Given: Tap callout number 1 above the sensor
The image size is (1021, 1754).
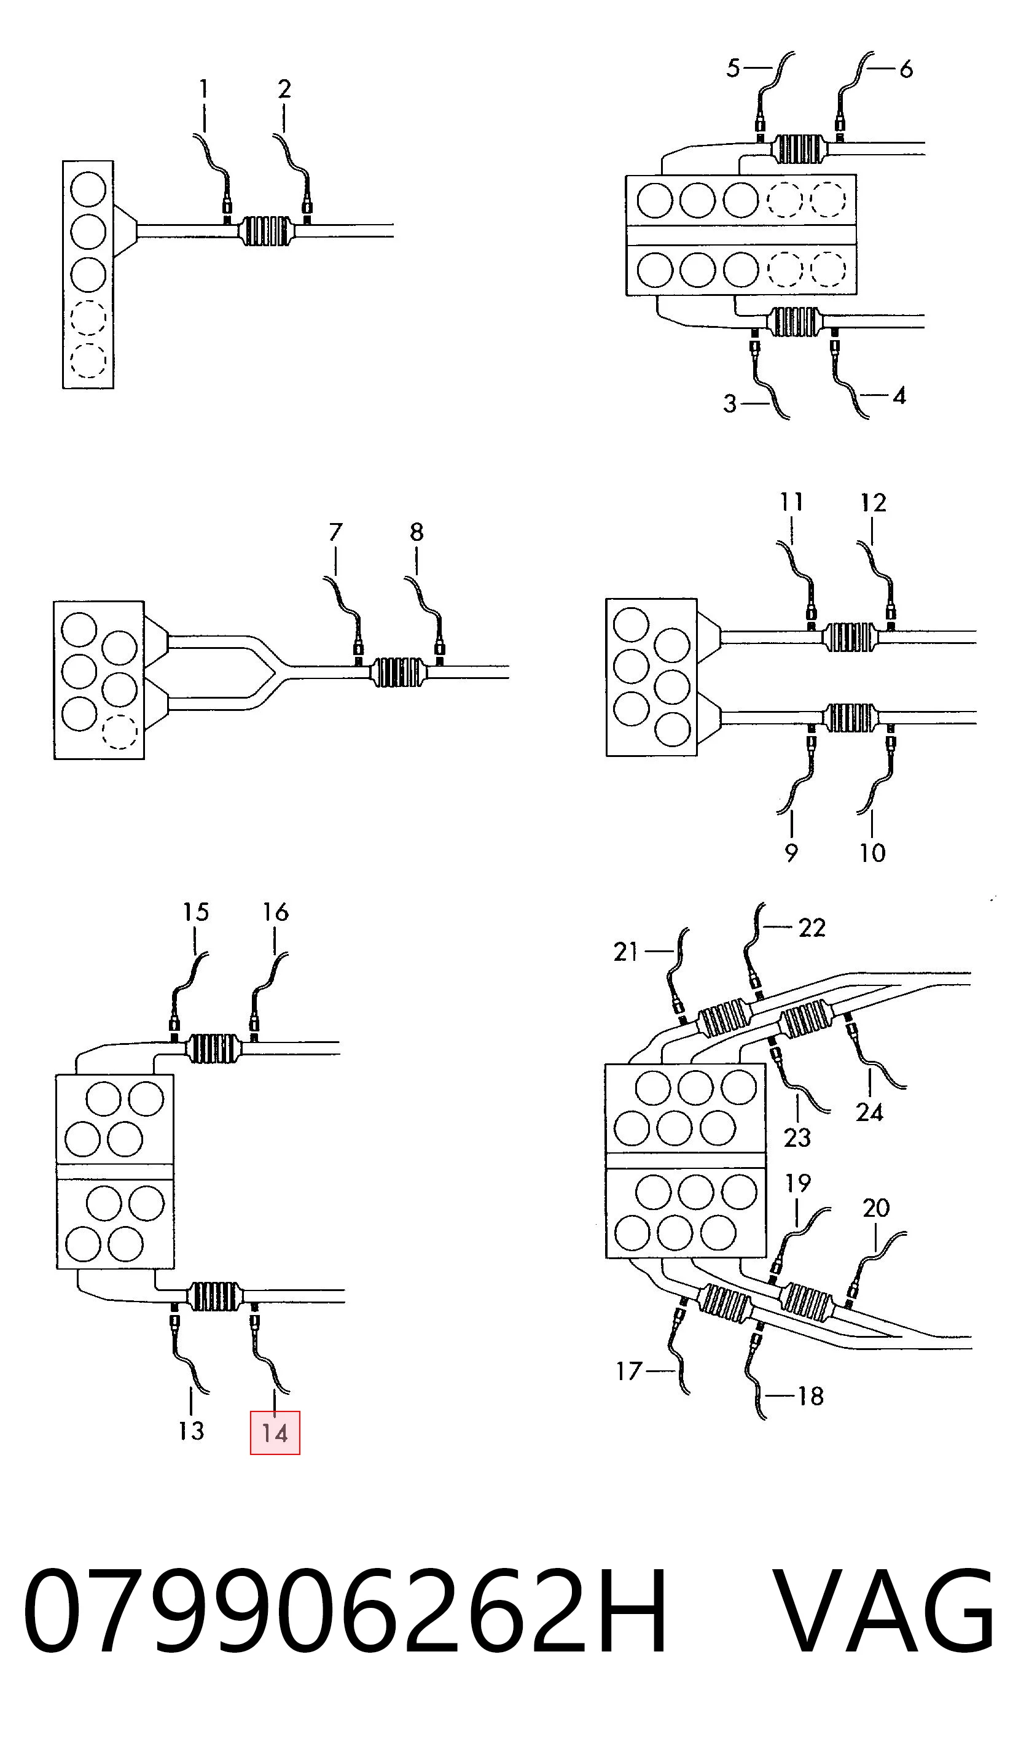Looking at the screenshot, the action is point(203,89).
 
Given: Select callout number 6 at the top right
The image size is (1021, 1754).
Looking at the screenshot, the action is point(906,69).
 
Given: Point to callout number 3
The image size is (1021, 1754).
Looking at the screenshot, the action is point(729,404).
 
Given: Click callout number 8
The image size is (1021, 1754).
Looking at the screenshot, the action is point(417,532).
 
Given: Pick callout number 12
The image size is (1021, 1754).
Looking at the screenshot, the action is point(874,503).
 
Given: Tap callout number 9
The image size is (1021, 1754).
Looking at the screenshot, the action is point(791,853).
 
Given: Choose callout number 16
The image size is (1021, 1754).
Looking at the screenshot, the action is point(275,912).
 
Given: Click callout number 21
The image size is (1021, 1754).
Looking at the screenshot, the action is point(625,952).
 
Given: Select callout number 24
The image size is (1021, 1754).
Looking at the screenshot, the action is point(869,1112).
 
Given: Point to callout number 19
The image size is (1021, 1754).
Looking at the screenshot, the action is point(798,1182).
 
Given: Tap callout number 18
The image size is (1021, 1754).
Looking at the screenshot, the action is point(811,1395).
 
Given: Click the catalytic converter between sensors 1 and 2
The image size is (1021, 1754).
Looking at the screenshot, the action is point(266,231).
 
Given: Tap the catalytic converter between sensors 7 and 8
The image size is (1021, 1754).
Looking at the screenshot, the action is point(398,672).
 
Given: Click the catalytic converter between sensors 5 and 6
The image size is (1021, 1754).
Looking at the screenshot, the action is point(799,148).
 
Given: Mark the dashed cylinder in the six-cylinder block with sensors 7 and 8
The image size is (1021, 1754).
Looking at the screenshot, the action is point(119,732).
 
